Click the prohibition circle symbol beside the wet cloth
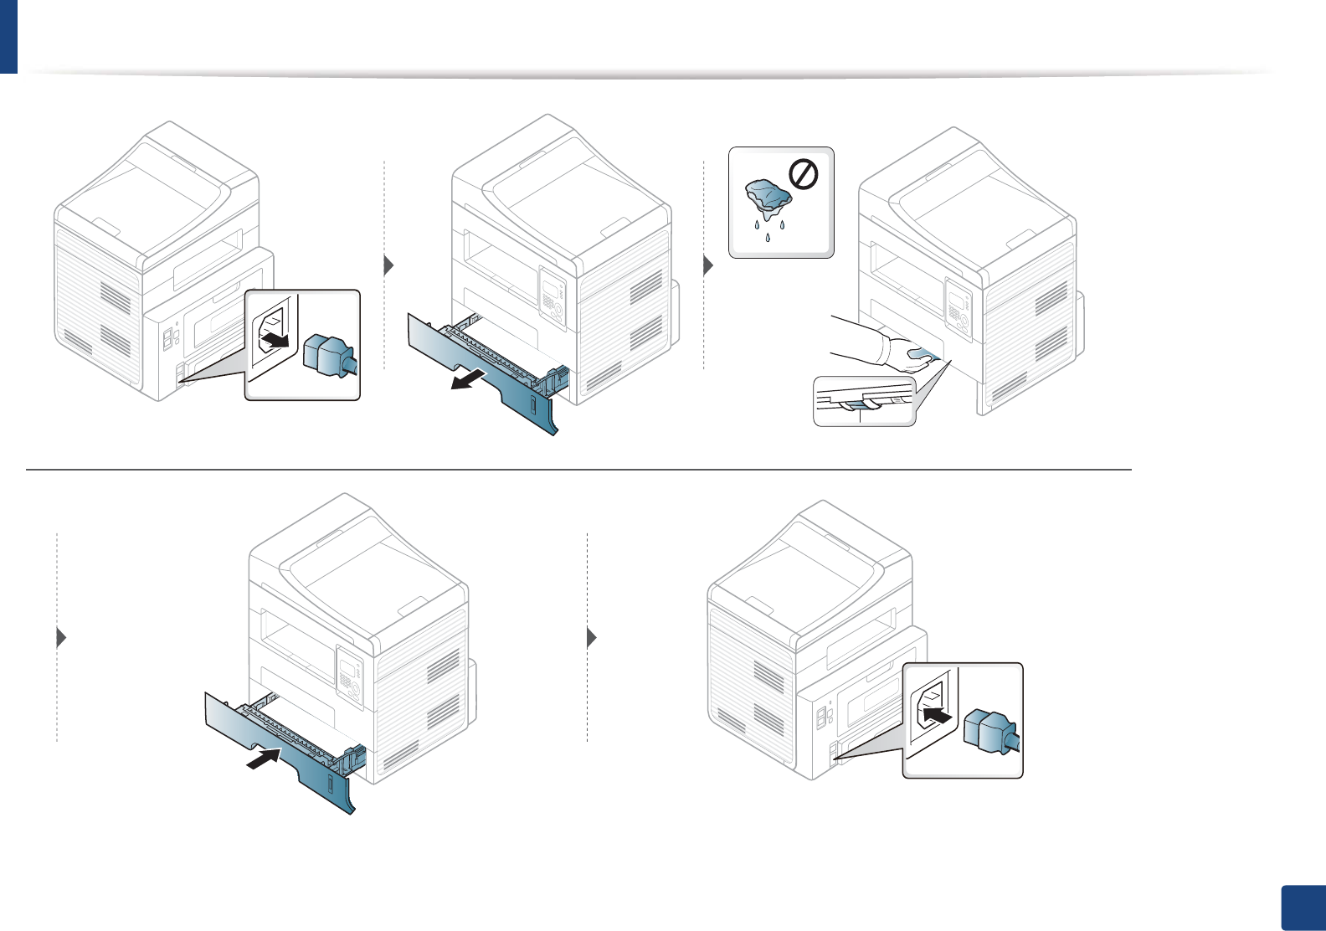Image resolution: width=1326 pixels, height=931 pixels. (x=804, y=175)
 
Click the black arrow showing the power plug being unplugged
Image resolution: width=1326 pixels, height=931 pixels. (x=277, y=340)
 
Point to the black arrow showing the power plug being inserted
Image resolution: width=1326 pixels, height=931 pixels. (x=938, y=716)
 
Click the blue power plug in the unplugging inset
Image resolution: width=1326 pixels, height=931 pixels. (x=330, y=355)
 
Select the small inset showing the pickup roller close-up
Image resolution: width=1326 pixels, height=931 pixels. (x=864, y=402)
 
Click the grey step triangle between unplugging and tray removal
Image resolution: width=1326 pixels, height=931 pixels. (x=388, y=266)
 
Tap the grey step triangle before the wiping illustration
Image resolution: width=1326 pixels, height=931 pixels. (x=708, y=266)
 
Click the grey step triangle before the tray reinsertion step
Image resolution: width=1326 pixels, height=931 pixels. (x=60, y=637)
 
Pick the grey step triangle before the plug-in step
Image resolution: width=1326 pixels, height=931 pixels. (x=592, y=637)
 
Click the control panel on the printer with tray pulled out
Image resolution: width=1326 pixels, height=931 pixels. (x=552, y=297)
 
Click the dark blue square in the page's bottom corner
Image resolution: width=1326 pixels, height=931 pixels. (x=1303, y=908)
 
